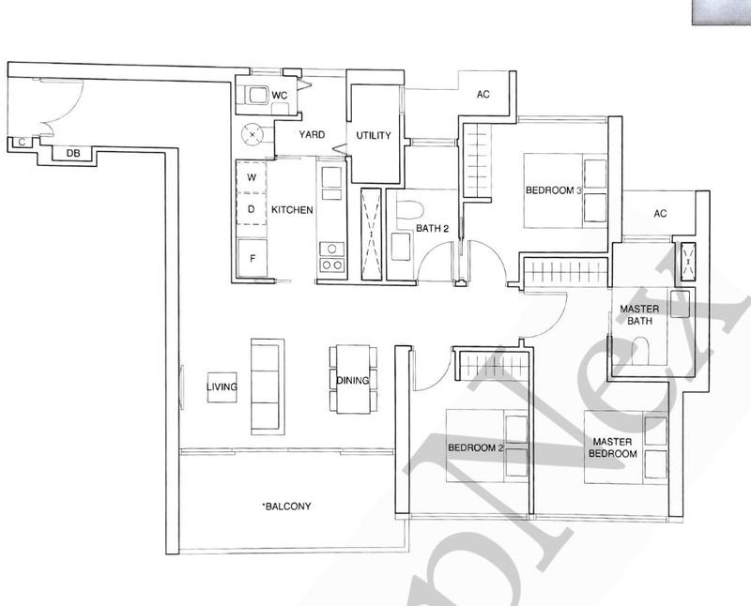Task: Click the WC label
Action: [x=279, y=96]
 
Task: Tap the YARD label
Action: [x=312, y=135]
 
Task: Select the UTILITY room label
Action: [x=373, y=135]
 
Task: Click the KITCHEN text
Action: [x=292, y=210]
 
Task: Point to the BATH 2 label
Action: [x=435, y=227]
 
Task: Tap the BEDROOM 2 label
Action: [x=476, y=447]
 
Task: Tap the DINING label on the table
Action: [x=352, y=380]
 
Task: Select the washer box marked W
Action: [x=251, y=176]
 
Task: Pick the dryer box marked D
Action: [x=251, y=209]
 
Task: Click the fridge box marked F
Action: [x=251, y=254]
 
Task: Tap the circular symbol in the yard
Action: [x=253, y=135]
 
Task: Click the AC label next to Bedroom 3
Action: [x=483, y=95]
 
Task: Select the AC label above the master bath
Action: [x=660, y=214]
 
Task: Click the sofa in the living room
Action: [x=266, y=385]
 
